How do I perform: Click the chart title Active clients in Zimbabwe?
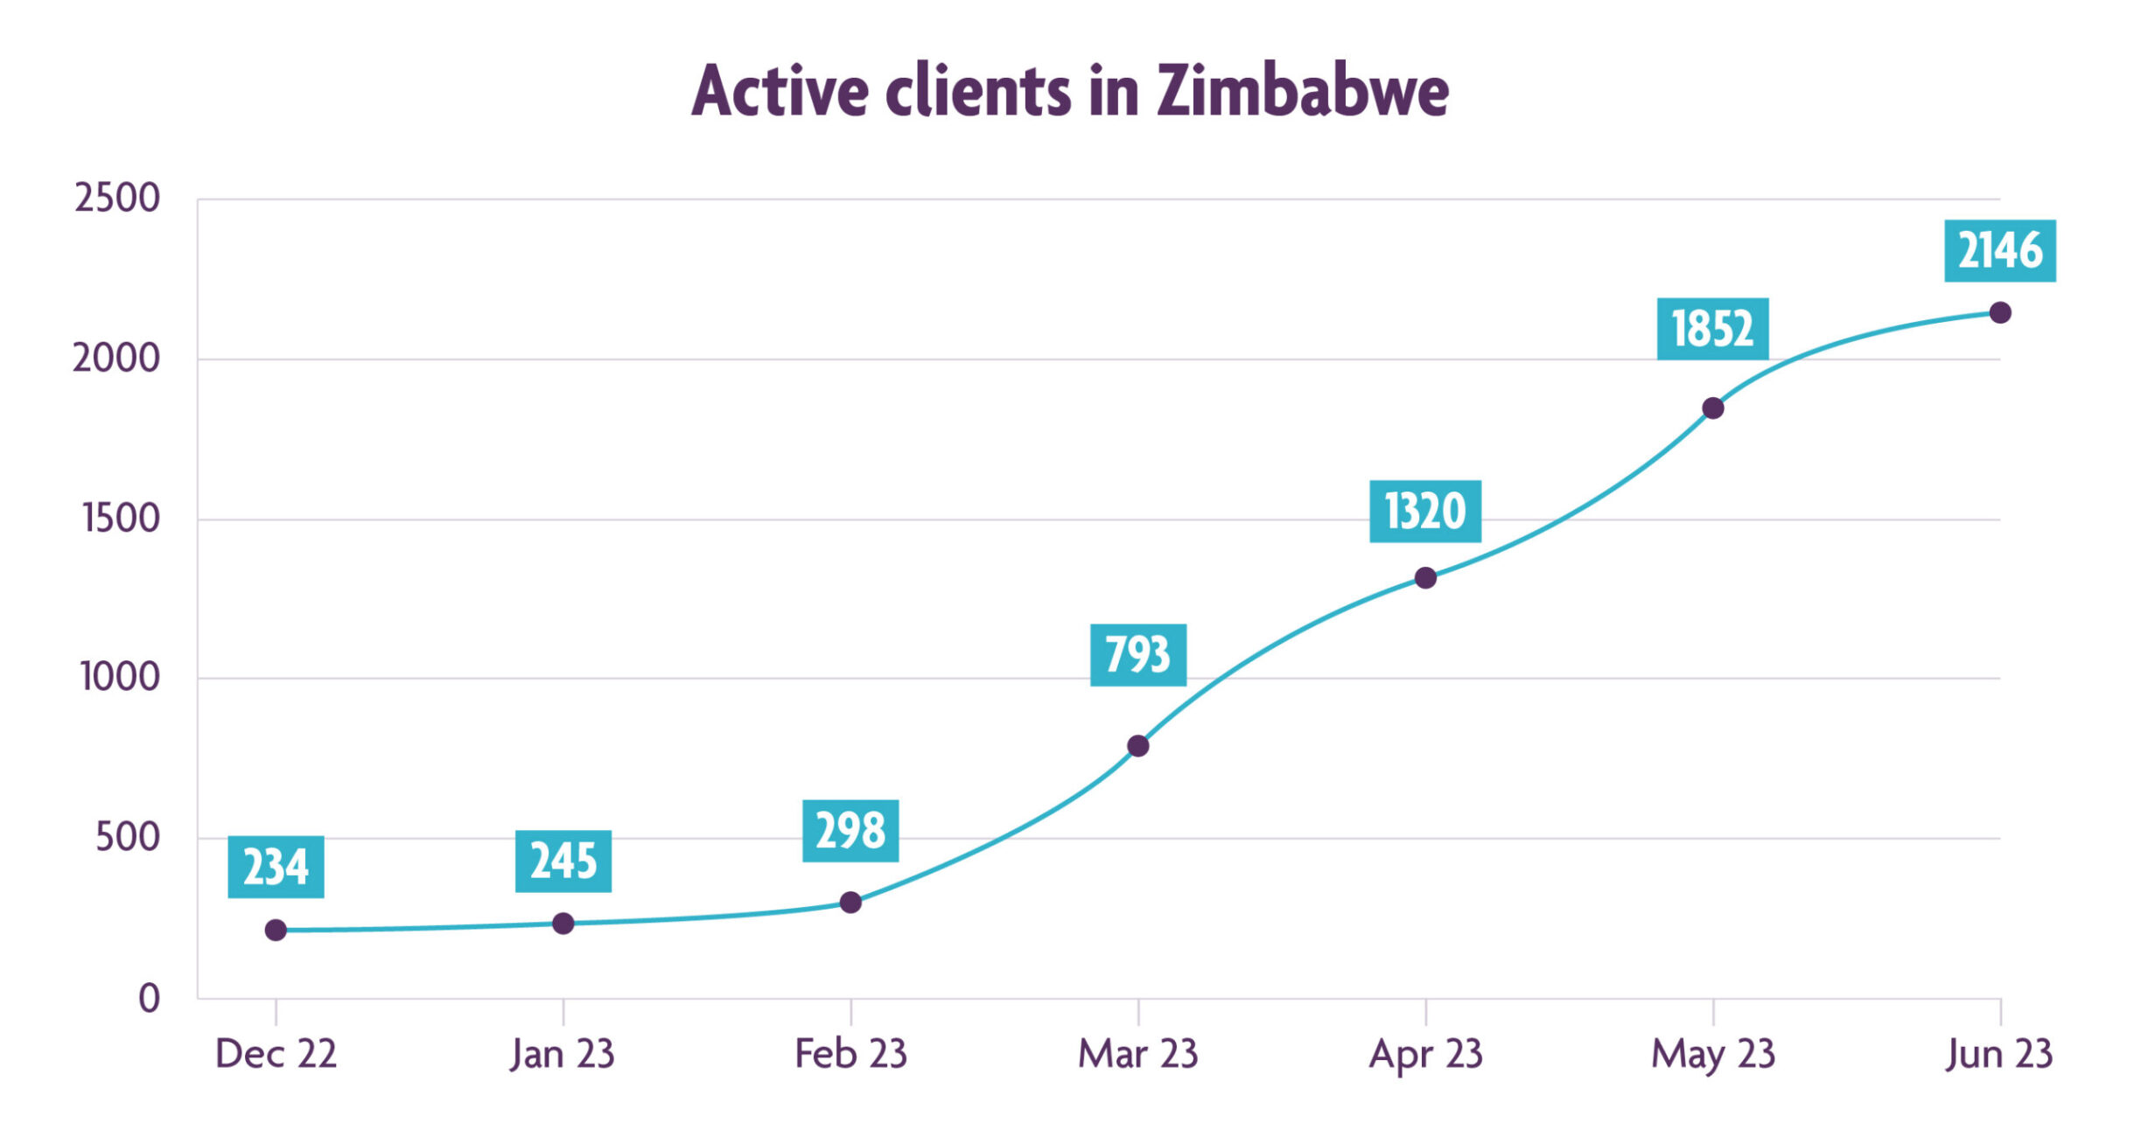[1069, 91]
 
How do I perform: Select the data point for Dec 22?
[276, 930]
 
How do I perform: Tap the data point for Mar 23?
[1137, 746]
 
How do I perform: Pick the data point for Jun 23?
[2000, 312]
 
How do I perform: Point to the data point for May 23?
[1712, 408]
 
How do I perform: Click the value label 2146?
[1999, 251]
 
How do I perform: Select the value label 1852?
[1712, 329]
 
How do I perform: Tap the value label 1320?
[1424, 512]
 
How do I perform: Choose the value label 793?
[1137, 655]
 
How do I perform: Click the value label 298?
[850, 831]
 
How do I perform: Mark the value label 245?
[563, 861]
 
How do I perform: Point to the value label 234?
[276, 868]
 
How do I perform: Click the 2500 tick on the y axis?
[117, 199]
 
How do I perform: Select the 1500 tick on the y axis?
[121, 519]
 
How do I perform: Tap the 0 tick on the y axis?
[149, 998]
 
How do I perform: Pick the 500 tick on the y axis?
[128, 838]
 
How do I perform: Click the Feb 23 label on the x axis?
[850, 1054]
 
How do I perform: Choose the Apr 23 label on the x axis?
[1425, 1054]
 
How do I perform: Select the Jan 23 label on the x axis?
[563, 1054]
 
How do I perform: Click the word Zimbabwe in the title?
[1302, 91]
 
